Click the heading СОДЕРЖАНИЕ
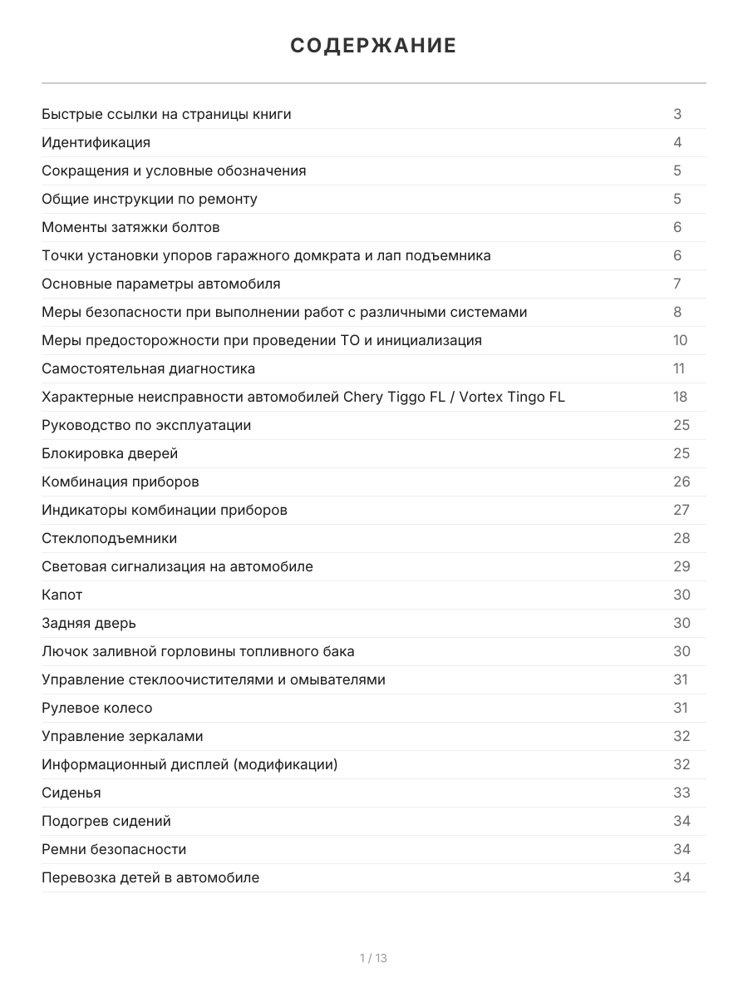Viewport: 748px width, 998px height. (373, 46)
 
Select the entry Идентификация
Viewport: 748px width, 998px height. (96, 142)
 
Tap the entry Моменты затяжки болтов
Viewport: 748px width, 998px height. (130, 227)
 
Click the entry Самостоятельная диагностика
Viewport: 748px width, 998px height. (149, 368)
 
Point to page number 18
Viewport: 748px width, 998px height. (681, 397)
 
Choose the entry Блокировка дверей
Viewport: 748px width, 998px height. (110, 453)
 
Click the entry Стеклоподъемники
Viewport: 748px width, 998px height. (110, 538)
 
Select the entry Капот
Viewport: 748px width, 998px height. (62, 595)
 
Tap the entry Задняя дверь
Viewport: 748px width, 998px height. (89, 623)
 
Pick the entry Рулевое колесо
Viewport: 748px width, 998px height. (97, 708)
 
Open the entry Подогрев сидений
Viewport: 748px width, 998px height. (106, 821)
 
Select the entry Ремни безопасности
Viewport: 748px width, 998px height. (114, 849)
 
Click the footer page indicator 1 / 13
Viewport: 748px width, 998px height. (373, 958)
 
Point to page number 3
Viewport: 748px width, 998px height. (677, 114)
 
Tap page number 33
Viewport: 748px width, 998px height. (682, 793)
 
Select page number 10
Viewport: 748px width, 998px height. (681, 340)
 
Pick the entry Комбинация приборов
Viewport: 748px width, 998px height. (121, 482)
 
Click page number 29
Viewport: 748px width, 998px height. (682, 566)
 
